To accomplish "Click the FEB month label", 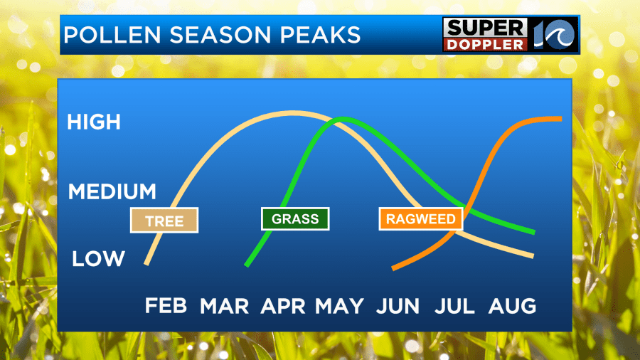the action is point(166,306).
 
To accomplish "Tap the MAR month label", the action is point(224,306).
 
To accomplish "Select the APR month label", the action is point(282,306).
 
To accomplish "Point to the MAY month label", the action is point(339,306).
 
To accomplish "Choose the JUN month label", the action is point(398,306).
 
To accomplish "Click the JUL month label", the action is point(454,306).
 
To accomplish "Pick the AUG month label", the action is point(512,306).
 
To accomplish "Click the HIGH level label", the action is point(94,122).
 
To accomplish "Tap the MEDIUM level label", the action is point(112,191).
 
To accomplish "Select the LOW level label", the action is point(98,258).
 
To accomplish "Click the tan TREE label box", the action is point(164,221).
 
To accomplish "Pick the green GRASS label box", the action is point(295,219).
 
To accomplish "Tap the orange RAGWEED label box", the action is point(421,219).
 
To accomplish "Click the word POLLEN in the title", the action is point(112,35).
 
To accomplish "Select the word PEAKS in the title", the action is point(320,35).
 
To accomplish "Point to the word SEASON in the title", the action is point(220,35).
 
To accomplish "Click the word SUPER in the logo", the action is point(485,28).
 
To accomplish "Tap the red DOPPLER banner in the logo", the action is point(485,45).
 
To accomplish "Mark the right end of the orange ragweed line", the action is point(562,119).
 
